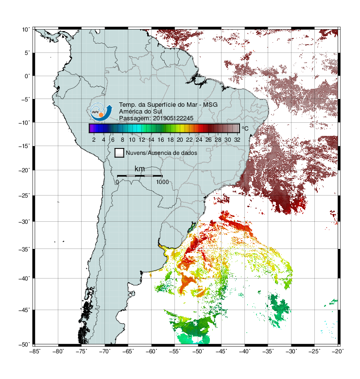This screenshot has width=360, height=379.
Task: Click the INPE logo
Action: tap(101, 112)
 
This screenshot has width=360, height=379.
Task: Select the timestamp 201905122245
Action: tap(173, 118)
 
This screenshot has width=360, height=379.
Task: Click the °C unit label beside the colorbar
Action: tap(245, 128)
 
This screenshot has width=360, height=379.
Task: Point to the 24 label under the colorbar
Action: tap(199, 140)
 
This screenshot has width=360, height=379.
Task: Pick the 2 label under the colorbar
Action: tap(94, 140)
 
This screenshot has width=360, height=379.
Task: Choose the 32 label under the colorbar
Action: tap(237, 140)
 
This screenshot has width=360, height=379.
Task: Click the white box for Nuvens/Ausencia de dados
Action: tap(120, 153)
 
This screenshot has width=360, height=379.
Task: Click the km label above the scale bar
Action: tap(139, 168)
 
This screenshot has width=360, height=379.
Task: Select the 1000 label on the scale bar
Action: tap(162, 182)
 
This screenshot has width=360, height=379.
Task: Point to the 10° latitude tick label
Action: tap(26, 30)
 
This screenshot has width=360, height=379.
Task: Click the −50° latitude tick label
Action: tap(24, 345)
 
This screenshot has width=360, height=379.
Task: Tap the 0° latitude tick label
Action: tap(27, 76)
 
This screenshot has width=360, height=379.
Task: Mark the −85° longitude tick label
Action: tap(35, 351)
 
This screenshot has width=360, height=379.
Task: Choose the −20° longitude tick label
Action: tap(338, 351)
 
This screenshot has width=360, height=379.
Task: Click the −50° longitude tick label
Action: tap(198, 351)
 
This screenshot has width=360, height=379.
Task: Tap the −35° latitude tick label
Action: tap(24, 249)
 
